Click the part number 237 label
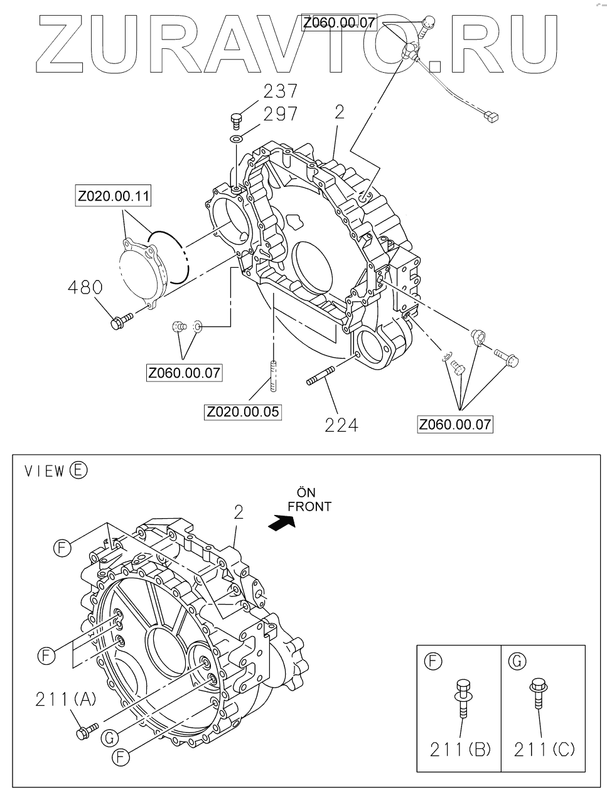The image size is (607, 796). pos(280,92)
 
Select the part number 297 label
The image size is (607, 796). pos(280,115)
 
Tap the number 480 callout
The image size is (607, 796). pos(85,288)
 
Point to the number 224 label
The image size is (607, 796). pos(341,425)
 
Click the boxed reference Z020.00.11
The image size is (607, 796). pos(114,196)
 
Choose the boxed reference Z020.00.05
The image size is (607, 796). pos(242,412)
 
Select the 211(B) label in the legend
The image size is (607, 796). pos(461,749)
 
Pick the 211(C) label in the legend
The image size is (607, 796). pos(544,749)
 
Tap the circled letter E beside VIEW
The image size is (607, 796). pos(79,470)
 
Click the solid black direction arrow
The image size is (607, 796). pos(281,522)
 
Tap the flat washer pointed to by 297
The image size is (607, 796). pos(236,138)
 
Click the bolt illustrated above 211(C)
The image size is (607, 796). pos(537,694)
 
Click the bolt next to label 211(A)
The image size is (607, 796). pos(87,730)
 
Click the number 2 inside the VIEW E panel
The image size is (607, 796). pos(238,512)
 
